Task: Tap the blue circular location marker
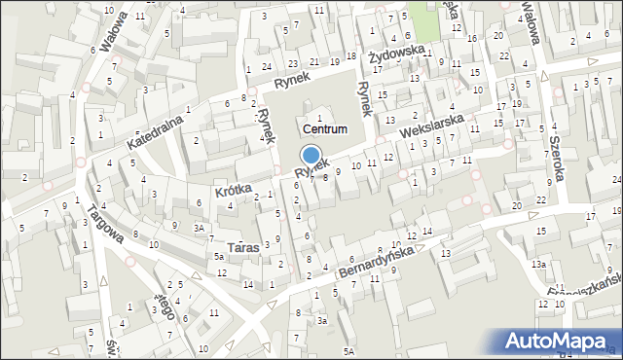pyautogui.click(x=311, y=155)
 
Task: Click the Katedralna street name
pyautogui.click(x=156, y=129)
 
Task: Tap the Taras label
pyautogui.click(x=242, y=248)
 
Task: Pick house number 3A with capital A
pyautogui.click(x=199, y=228)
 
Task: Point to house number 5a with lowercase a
pyautogui.click(x=220, y=256)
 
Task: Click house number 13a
pyautogui.click(x=538, y=264)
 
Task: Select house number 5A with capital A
pyautogui.click(x=348, y=350)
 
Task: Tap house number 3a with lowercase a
pyautogui.click(x=320, y=319)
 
